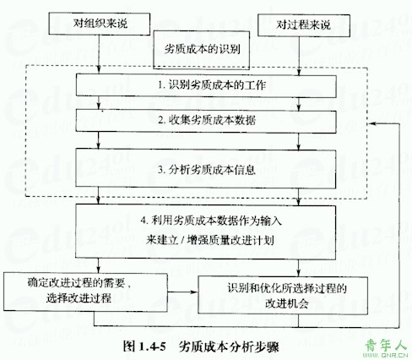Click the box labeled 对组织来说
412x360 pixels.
click(100, 24)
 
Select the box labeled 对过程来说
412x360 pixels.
click(304, 25)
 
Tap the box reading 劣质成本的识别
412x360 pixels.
click(202, 50)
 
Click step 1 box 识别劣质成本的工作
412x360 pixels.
click(206, 85)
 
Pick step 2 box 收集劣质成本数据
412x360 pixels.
click(206, 121)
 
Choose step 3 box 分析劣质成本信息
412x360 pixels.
click(206, 169)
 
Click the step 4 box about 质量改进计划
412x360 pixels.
click(206, 232)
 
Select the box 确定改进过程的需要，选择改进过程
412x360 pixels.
click(85, 292)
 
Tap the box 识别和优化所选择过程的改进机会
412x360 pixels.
click(283, 295)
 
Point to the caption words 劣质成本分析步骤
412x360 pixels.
click(229, 346)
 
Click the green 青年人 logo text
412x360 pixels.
click(386, 345)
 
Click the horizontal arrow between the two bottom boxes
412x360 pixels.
click(183, 292)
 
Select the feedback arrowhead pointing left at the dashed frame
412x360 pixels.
click(371, 123)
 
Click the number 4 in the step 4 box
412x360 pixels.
click(144, 221)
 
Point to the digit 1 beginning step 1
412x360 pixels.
click(160, 85)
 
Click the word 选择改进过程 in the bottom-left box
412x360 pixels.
click(79, 298)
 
